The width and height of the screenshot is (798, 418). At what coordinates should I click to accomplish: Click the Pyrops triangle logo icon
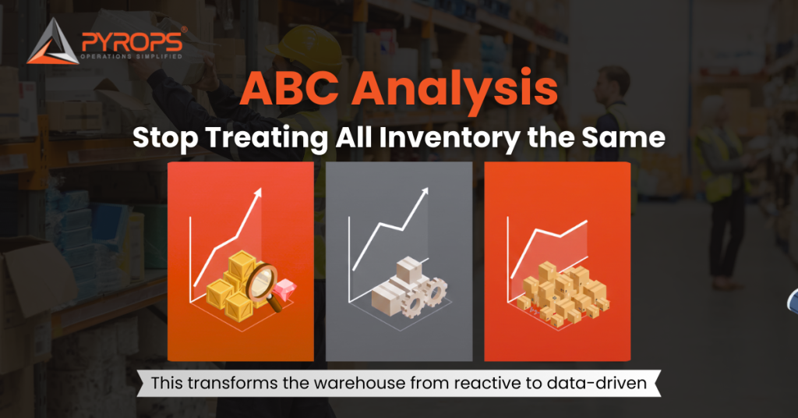click(x=52, y=43)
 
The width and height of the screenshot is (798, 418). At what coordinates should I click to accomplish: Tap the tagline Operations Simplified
click(x=132, y=57)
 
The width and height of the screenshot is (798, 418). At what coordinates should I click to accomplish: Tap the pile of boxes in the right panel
click(x=563, y=292)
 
